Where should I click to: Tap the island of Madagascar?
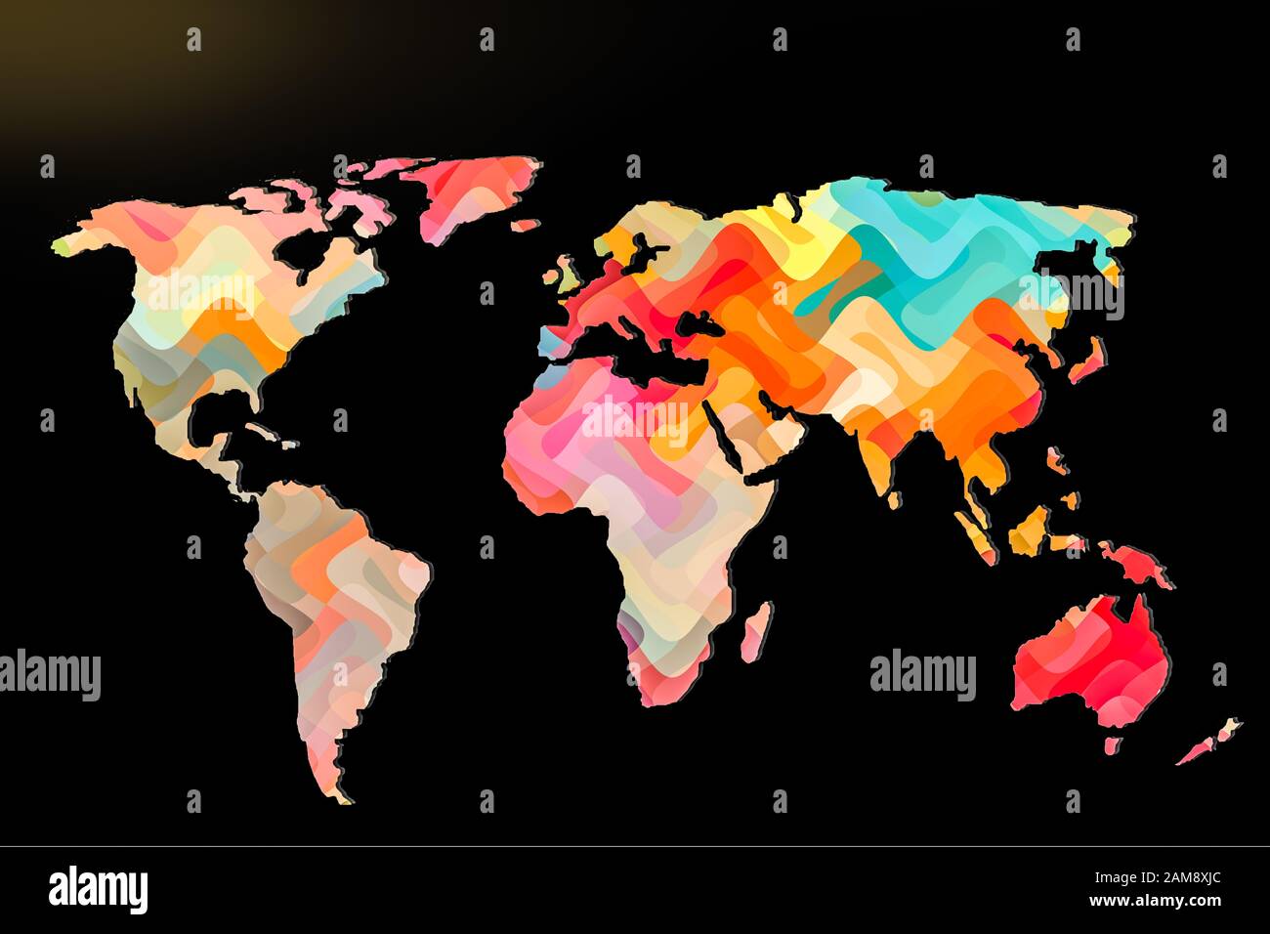click(x=756, y=630)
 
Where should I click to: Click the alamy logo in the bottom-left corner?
click(x=98, y=890)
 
